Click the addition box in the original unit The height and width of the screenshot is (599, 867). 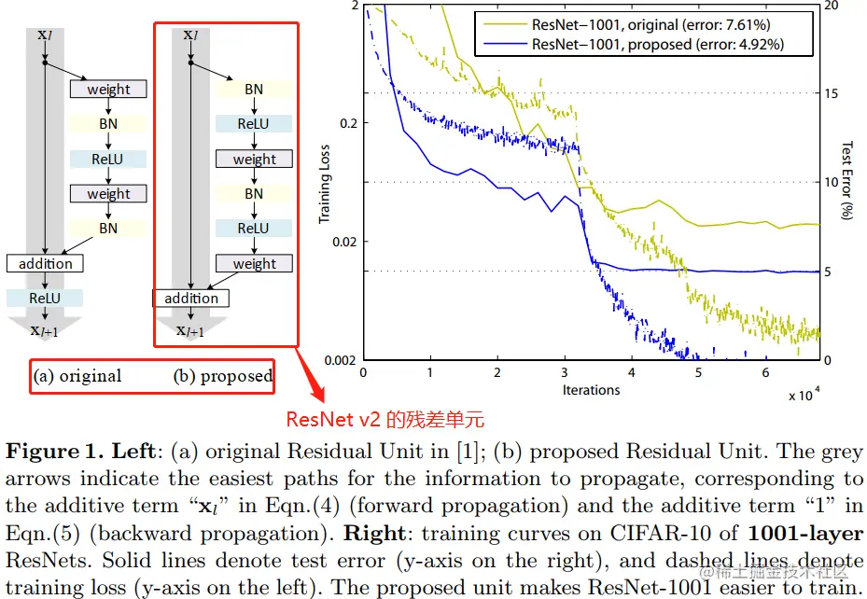[x=45, y=263]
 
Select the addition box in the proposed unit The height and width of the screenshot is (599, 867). [x=190, y=299]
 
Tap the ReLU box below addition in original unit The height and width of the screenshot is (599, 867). [x=44, y=298]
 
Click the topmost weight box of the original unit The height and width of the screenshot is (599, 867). [x=108, y=90]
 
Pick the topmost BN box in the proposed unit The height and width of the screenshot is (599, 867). [x=254, y=90]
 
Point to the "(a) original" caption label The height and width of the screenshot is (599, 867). [x=77, y=377]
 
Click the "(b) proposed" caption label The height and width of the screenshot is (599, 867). [x=223, y=377]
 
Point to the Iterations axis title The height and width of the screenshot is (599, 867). [x=591, y=389]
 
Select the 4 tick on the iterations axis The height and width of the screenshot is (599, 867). [x=632, y=372]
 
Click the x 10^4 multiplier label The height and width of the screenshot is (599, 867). [x=805, y=395]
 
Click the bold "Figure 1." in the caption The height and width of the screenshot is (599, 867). [x=53, y=453]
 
